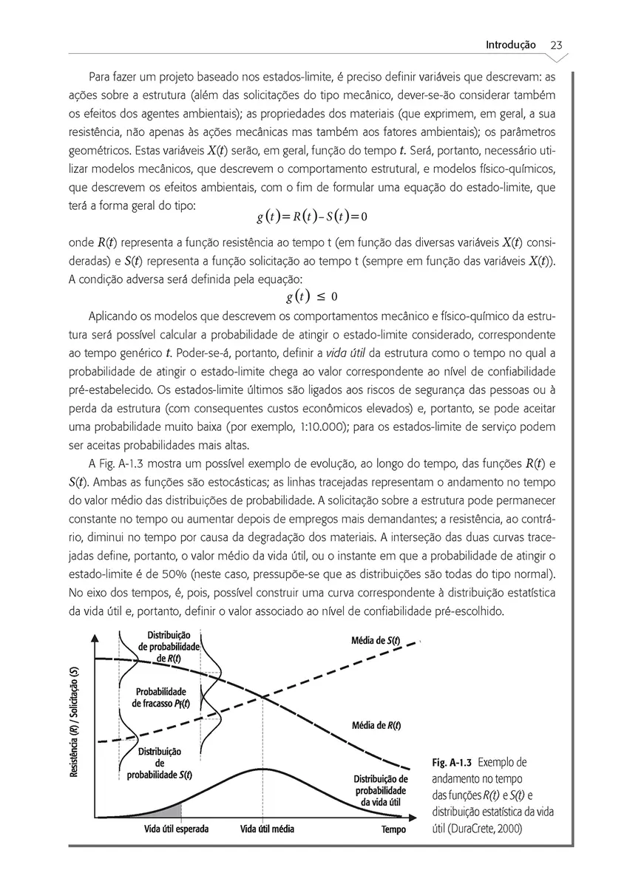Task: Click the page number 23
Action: tap(557, 44)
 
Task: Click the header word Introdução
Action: tap(510, 44)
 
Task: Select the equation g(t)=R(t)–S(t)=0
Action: tap(313, 217)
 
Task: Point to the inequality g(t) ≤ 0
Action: tap(311, 296)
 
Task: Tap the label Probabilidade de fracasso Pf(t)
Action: tap(160, 697)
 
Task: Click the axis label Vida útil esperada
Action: tap(176, 829)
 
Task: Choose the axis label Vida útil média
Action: tap(267, 829)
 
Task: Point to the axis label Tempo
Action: tap(393, 829)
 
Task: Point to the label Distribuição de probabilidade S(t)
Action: tap(159, 763)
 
